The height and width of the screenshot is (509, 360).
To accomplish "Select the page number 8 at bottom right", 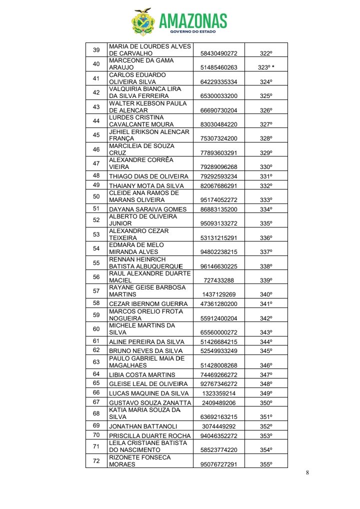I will [307, 473].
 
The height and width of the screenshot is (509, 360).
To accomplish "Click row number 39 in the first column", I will [96, 49].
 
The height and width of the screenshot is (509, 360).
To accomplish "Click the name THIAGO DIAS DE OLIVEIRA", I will [148, 176].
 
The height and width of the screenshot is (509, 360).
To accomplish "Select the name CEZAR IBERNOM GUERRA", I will [148, 304].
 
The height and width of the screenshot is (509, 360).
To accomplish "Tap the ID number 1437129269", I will [218, 295].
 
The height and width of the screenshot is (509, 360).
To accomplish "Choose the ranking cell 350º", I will [266, 402].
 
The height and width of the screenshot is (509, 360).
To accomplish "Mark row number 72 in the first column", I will [96, 460].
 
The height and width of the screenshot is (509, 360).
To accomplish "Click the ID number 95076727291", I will [219, 464].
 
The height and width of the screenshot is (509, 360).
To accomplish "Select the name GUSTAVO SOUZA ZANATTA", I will [150, 402].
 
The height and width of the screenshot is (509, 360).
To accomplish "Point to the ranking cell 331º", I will [266, 176].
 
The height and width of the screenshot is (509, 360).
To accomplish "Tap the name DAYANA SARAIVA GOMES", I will [147, 209].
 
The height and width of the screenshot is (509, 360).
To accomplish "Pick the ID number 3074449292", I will [219, 426].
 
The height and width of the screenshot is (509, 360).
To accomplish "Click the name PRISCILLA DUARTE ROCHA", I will [148, 435].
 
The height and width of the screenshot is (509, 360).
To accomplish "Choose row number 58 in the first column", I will [96, 303].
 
